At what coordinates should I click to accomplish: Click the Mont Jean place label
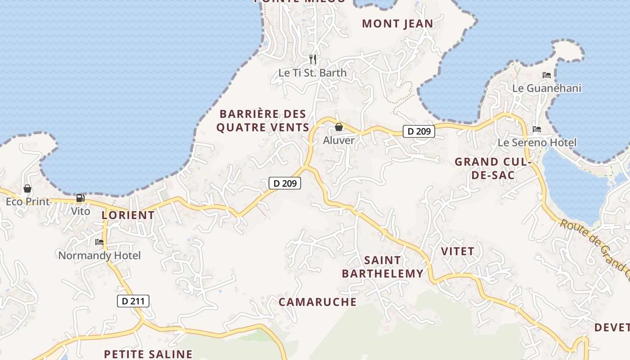397,23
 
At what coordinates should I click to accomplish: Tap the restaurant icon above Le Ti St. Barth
313,59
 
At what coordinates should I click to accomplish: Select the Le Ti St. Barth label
312,72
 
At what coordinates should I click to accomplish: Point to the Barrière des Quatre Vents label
262,121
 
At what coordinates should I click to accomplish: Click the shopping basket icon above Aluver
339,127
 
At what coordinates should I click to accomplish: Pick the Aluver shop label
339,140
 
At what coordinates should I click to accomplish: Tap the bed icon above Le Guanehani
547,75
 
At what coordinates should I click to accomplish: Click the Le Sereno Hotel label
536,143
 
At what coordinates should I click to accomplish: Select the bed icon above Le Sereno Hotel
537,129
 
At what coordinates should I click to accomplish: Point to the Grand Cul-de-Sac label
493,168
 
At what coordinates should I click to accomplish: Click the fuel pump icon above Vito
80,198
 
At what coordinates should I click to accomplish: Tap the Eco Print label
27,202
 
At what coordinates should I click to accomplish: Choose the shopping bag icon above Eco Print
27,189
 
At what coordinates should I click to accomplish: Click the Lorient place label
128,215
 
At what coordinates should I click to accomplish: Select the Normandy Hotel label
99,256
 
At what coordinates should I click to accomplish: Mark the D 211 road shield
133,301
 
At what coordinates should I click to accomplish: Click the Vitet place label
458,251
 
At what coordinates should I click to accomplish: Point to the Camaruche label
317,301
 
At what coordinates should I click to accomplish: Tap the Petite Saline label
148,354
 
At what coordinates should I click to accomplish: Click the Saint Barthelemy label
382,266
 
